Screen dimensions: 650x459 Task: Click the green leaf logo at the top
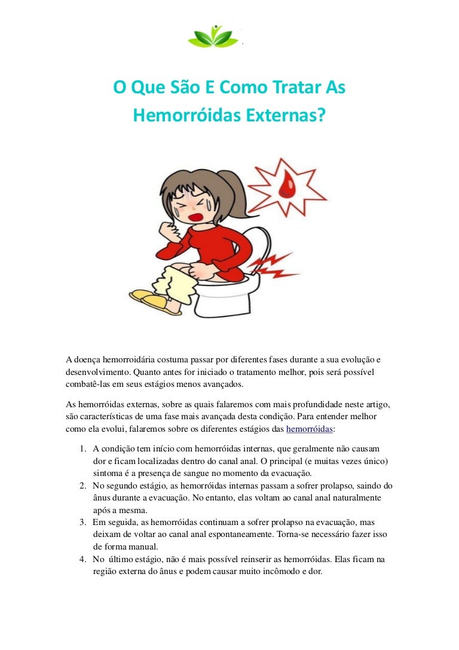click(213, 35)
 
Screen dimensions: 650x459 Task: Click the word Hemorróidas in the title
click(180, 115)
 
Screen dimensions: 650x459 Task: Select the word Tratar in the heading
click(290, 89)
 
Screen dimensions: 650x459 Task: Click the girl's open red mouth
click(195, 214)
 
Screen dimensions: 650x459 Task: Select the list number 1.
click(82, 448)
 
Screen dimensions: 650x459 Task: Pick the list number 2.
click(82, 486)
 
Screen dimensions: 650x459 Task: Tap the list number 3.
click(82, 522)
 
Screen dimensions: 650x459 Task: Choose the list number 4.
click(82, 559)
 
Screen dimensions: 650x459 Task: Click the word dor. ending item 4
click(314, 571)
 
